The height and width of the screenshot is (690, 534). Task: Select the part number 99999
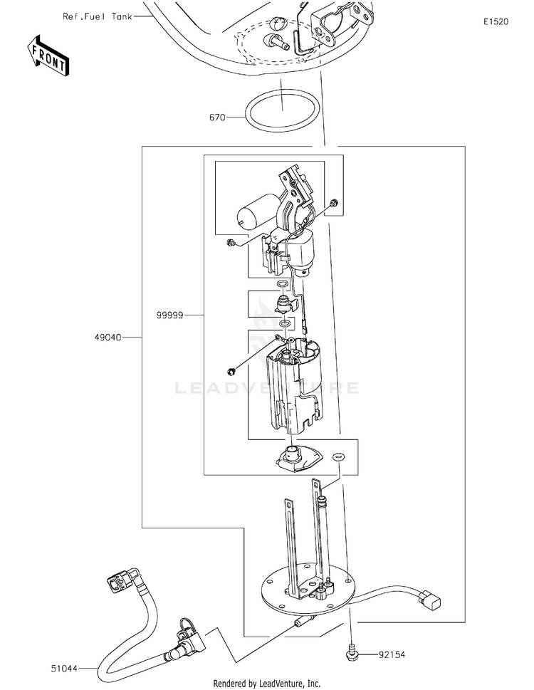(170, 314)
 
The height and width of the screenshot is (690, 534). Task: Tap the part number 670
(217, 116)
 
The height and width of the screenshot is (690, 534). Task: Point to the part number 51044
(65, 668)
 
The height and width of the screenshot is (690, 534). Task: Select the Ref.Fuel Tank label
(96, 15)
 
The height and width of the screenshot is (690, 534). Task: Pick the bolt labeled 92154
(352, 649)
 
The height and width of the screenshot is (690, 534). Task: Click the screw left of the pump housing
(233, 370)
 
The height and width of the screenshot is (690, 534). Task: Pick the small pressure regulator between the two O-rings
(281, 308)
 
